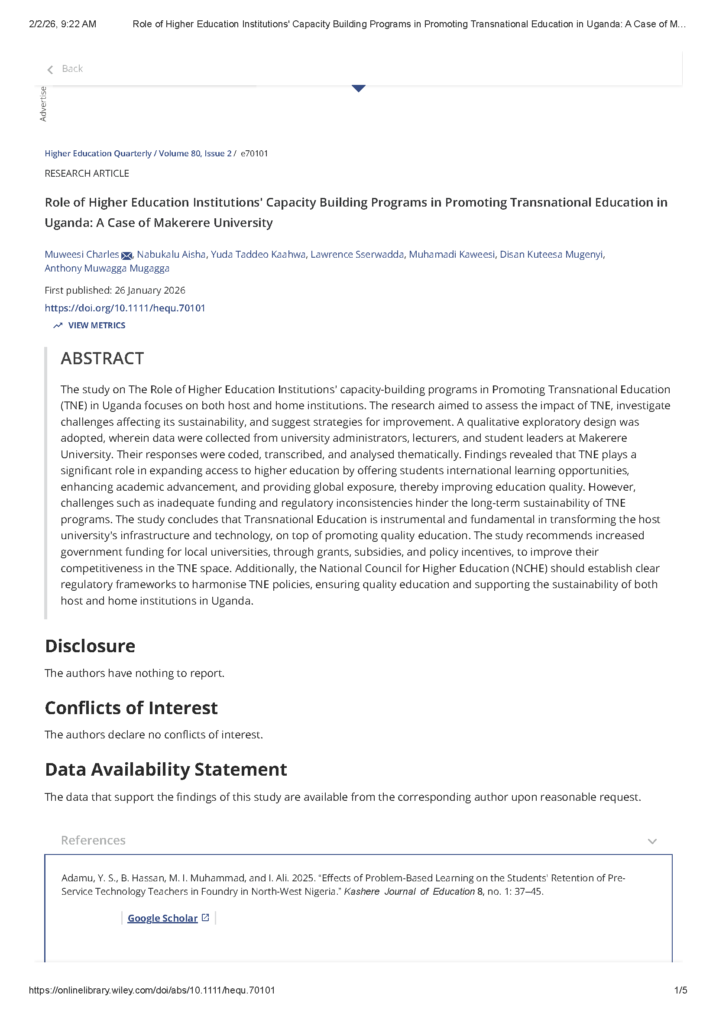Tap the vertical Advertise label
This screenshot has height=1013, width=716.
43,104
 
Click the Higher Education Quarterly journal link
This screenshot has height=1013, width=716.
98,154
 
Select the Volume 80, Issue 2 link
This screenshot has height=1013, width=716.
195,154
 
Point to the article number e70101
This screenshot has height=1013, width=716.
254,154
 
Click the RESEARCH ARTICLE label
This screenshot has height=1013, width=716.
87,173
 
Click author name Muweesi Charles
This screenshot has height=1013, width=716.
81,255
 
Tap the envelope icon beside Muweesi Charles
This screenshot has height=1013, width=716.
126,256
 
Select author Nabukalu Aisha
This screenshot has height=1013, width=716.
171,255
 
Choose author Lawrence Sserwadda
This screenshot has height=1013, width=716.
357,255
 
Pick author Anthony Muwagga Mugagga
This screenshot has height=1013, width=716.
107,268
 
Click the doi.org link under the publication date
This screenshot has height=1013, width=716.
125,308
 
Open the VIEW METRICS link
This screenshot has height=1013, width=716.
96,326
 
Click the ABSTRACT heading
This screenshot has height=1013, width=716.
102,359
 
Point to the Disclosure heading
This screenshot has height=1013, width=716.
90,646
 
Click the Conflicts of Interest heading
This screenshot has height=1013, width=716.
131,708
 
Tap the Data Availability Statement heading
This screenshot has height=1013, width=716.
166,770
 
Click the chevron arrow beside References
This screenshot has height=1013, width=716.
652,841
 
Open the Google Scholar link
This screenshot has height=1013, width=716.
162,918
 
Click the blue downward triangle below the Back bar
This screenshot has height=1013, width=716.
358,88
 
